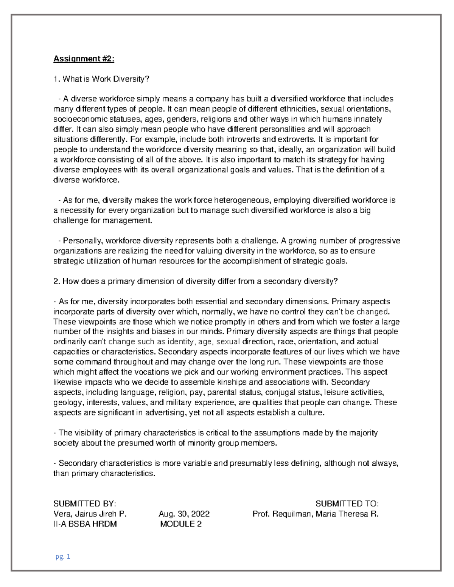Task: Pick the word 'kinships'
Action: (x=243, y=382)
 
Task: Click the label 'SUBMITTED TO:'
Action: (x=347, y=504)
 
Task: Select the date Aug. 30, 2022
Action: (x=184, y=514)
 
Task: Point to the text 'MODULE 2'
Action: (x=181, y=524)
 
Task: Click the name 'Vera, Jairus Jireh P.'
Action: (x=90, y=514)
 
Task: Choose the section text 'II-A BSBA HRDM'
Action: (x=85, y=524)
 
